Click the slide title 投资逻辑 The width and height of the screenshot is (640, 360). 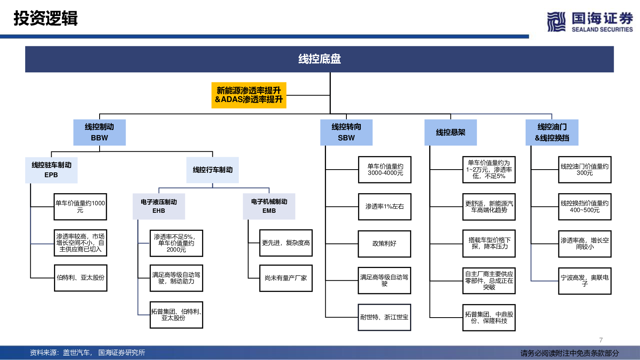tap(46, 18)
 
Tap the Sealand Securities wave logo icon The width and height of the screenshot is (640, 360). tap(556, 22)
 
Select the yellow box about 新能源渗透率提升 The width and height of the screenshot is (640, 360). tap(249, 95)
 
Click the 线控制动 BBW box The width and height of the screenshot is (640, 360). tap(100, 132)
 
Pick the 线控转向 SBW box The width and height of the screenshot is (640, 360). tap(346, 132)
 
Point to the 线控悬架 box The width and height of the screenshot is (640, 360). tap(450, 132)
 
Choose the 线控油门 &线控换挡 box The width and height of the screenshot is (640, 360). tap(552, 132)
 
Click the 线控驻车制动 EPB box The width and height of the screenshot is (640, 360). tap(52, 170)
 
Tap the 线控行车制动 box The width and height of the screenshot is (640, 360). tap(212, 170)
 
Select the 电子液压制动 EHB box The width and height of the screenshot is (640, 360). tap(159, 206)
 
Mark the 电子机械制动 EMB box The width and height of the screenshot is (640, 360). tap(269, 206)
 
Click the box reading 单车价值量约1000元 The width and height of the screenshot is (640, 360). tap(80, 206)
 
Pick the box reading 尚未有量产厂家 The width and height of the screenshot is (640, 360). tap(286, 278)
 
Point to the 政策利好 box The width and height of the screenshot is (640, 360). tap(384, 244)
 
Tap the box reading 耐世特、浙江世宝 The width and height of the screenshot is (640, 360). tap(384, 317)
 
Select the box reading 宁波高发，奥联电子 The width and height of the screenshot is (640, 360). tap(585, 281)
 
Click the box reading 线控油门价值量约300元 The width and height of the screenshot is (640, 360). tap(585, 170)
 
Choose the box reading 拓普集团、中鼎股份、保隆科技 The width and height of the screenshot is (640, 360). tap(489, 318)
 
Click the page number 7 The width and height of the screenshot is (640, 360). tap(601, 340)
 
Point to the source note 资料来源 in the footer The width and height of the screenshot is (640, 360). tap(88, 353)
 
